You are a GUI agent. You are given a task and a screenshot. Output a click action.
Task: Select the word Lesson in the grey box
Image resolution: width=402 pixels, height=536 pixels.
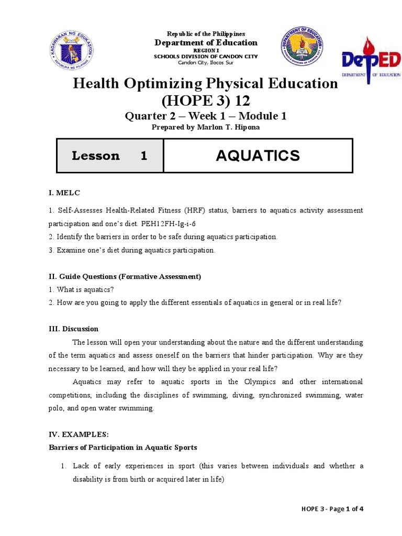[95, 155]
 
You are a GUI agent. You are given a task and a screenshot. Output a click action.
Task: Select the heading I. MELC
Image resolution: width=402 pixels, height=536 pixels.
[64, 193]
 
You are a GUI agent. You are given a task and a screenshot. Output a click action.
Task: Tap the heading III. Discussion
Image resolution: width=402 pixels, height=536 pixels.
[73, 329]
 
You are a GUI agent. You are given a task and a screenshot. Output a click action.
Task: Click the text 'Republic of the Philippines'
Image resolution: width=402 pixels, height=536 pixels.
[205, 33]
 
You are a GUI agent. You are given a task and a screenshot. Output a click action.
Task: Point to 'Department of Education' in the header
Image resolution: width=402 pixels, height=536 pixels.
[205, 42]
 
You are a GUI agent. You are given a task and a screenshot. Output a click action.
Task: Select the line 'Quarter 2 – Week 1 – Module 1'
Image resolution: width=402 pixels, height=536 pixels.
[205, 116]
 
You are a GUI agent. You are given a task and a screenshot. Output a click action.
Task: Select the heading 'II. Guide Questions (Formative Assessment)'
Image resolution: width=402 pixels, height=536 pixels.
[125, 276]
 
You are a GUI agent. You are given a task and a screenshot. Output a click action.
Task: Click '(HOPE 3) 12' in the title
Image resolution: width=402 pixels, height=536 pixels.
[205, 100]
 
